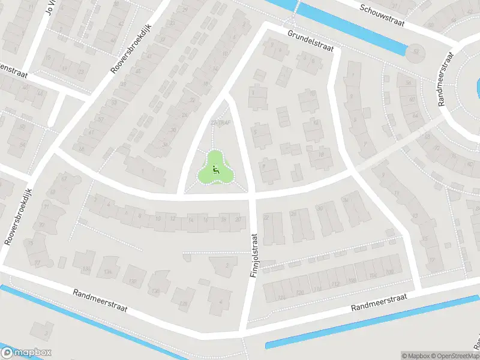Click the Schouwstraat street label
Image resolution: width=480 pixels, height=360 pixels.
[x=382, y=16]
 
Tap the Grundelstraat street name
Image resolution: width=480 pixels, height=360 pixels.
[x=309, y=41]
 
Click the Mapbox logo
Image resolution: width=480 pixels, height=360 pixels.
[x=26, y=352]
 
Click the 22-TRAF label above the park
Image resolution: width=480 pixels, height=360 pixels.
[x=220, y=123]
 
